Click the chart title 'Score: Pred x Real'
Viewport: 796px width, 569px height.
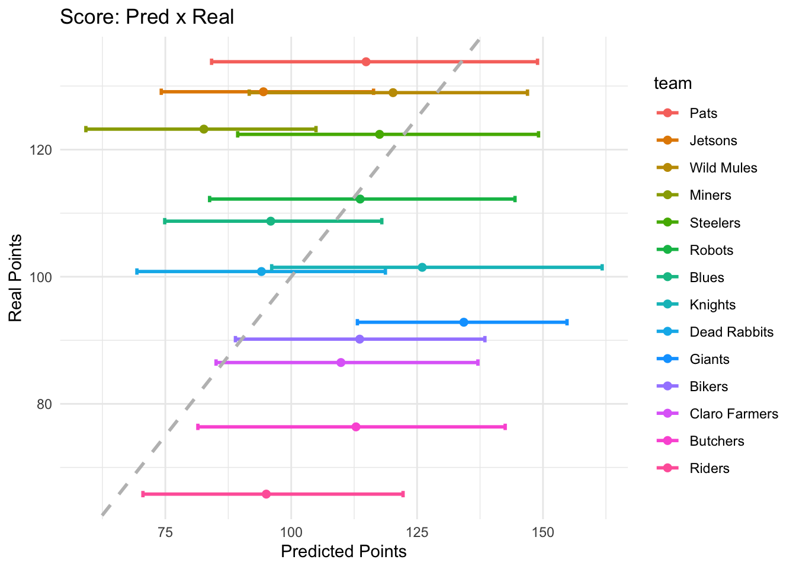[x=147, y=17]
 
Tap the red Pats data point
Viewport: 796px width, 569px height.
[x=366, y=62]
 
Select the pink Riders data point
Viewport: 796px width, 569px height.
[x=266, y=494]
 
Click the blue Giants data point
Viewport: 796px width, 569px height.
[x=464, y=322]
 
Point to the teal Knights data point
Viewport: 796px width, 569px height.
[x=422, y=267]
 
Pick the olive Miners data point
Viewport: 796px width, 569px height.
[x=204, y=129]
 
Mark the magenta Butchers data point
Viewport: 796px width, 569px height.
[x=356, y=427]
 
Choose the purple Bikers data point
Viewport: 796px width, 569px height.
[x=360, y=339]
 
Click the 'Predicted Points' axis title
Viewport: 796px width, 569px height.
[x=344, y=552]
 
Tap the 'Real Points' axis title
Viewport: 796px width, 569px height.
[x=16, y=277]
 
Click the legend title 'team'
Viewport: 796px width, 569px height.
[x=673, y=83]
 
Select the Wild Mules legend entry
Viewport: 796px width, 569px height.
[x=723, y=168]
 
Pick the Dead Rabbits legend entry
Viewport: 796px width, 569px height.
[x=731, y=332]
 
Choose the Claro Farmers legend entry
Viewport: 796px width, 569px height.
[x=733, y=414]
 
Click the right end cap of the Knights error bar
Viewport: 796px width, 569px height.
[x=602, y=267]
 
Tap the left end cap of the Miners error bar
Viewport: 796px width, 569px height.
[x=86, y=129]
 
